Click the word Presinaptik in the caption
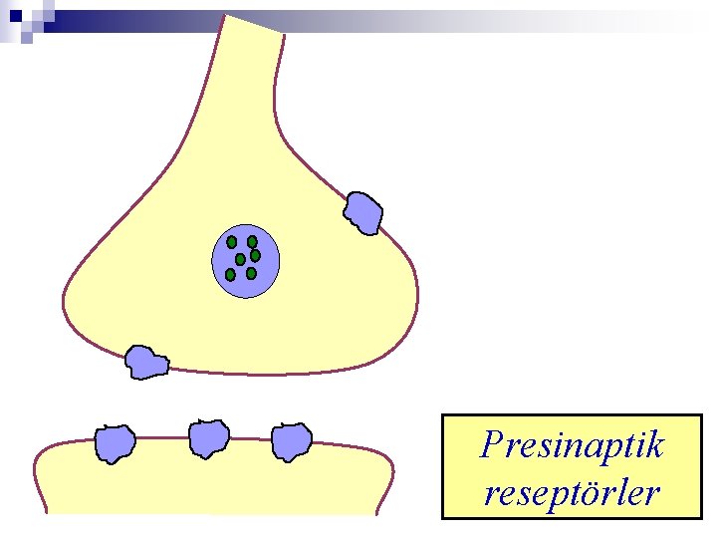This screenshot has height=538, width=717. tap(571, 444)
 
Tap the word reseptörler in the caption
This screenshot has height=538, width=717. tap(571, 491)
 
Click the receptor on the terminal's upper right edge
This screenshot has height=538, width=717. tap(362, 212)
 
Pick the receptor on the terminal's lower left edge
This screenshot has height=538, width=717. tap(145, 362)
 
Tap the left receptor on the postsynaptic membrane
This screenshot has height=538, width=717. tap(115, 443)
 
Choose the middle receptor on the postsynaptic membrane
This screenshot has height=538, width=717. tap(209, 437)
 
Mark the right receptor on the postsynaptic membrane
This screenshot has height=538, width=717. tap(292, 441)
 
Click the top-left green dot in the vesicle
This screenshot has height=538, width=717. tap(232, 241)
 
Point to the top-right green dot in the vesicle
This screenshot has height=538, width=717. tap(252, 241)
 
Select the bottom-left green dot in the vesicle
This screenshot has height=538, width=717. tap(230, 274)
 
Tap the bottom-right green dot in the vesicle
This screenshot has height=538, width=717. tap(251, 273)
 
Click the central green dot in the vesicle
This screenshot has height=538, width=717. tap(240, 259)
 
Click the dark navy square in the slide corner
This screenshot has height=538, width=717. tap(17, 16)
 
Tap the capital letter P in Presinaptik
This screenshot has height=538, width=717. tap(491, 444)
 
